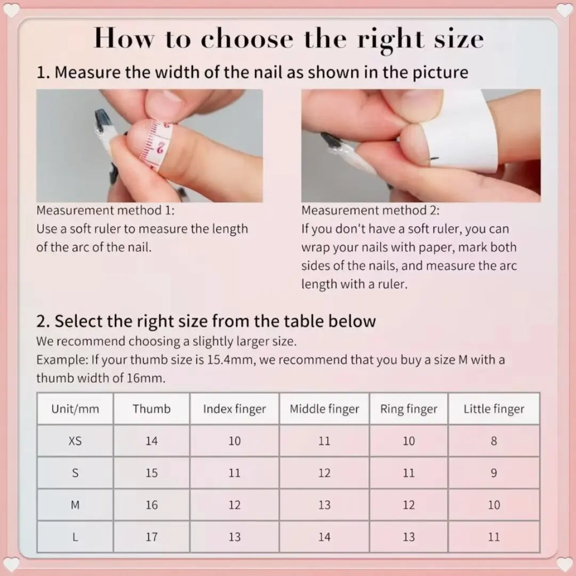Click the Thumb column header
151,409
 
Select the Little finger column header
493,409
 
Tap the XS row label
75,441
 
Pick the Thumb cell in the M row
151,505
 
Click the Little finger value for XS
493,441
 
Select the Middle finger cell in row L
324,537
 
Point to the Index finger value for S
234,473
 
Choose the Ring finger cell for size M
409,505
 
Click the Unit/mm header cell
75,409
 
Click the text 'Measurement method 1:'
105,210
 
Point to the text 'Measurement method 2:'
370,210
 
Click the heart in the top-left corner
12,10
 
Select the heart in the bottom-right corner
564,564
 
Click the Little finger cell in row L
493,537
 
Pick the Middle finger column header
324,409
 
